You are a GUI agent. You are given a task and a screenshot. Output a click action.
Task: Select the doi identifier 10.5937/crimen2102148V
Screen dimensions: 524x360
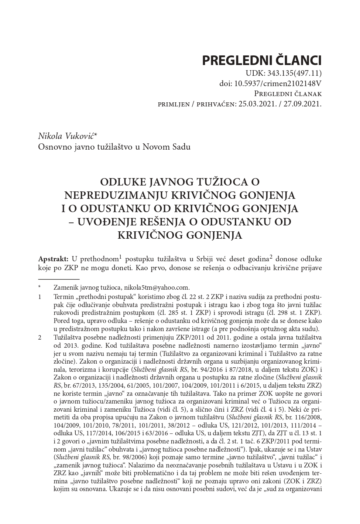click(278, 84)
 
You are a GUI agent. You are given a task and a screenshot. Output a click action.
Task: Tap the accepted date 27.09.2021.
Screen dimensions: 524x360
click(303, 104)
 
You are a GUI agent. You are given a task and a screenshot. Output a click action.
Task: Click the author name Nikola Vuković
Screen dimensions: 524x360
click(67, 136)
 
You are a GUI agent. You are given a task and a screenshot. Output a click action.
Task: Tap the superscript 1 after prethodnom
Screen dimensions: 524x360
click(121, 256)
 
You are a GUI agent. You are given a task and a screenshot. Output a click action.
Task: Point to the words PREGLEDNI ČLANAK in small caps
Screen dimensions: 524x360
click(288, 94)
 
